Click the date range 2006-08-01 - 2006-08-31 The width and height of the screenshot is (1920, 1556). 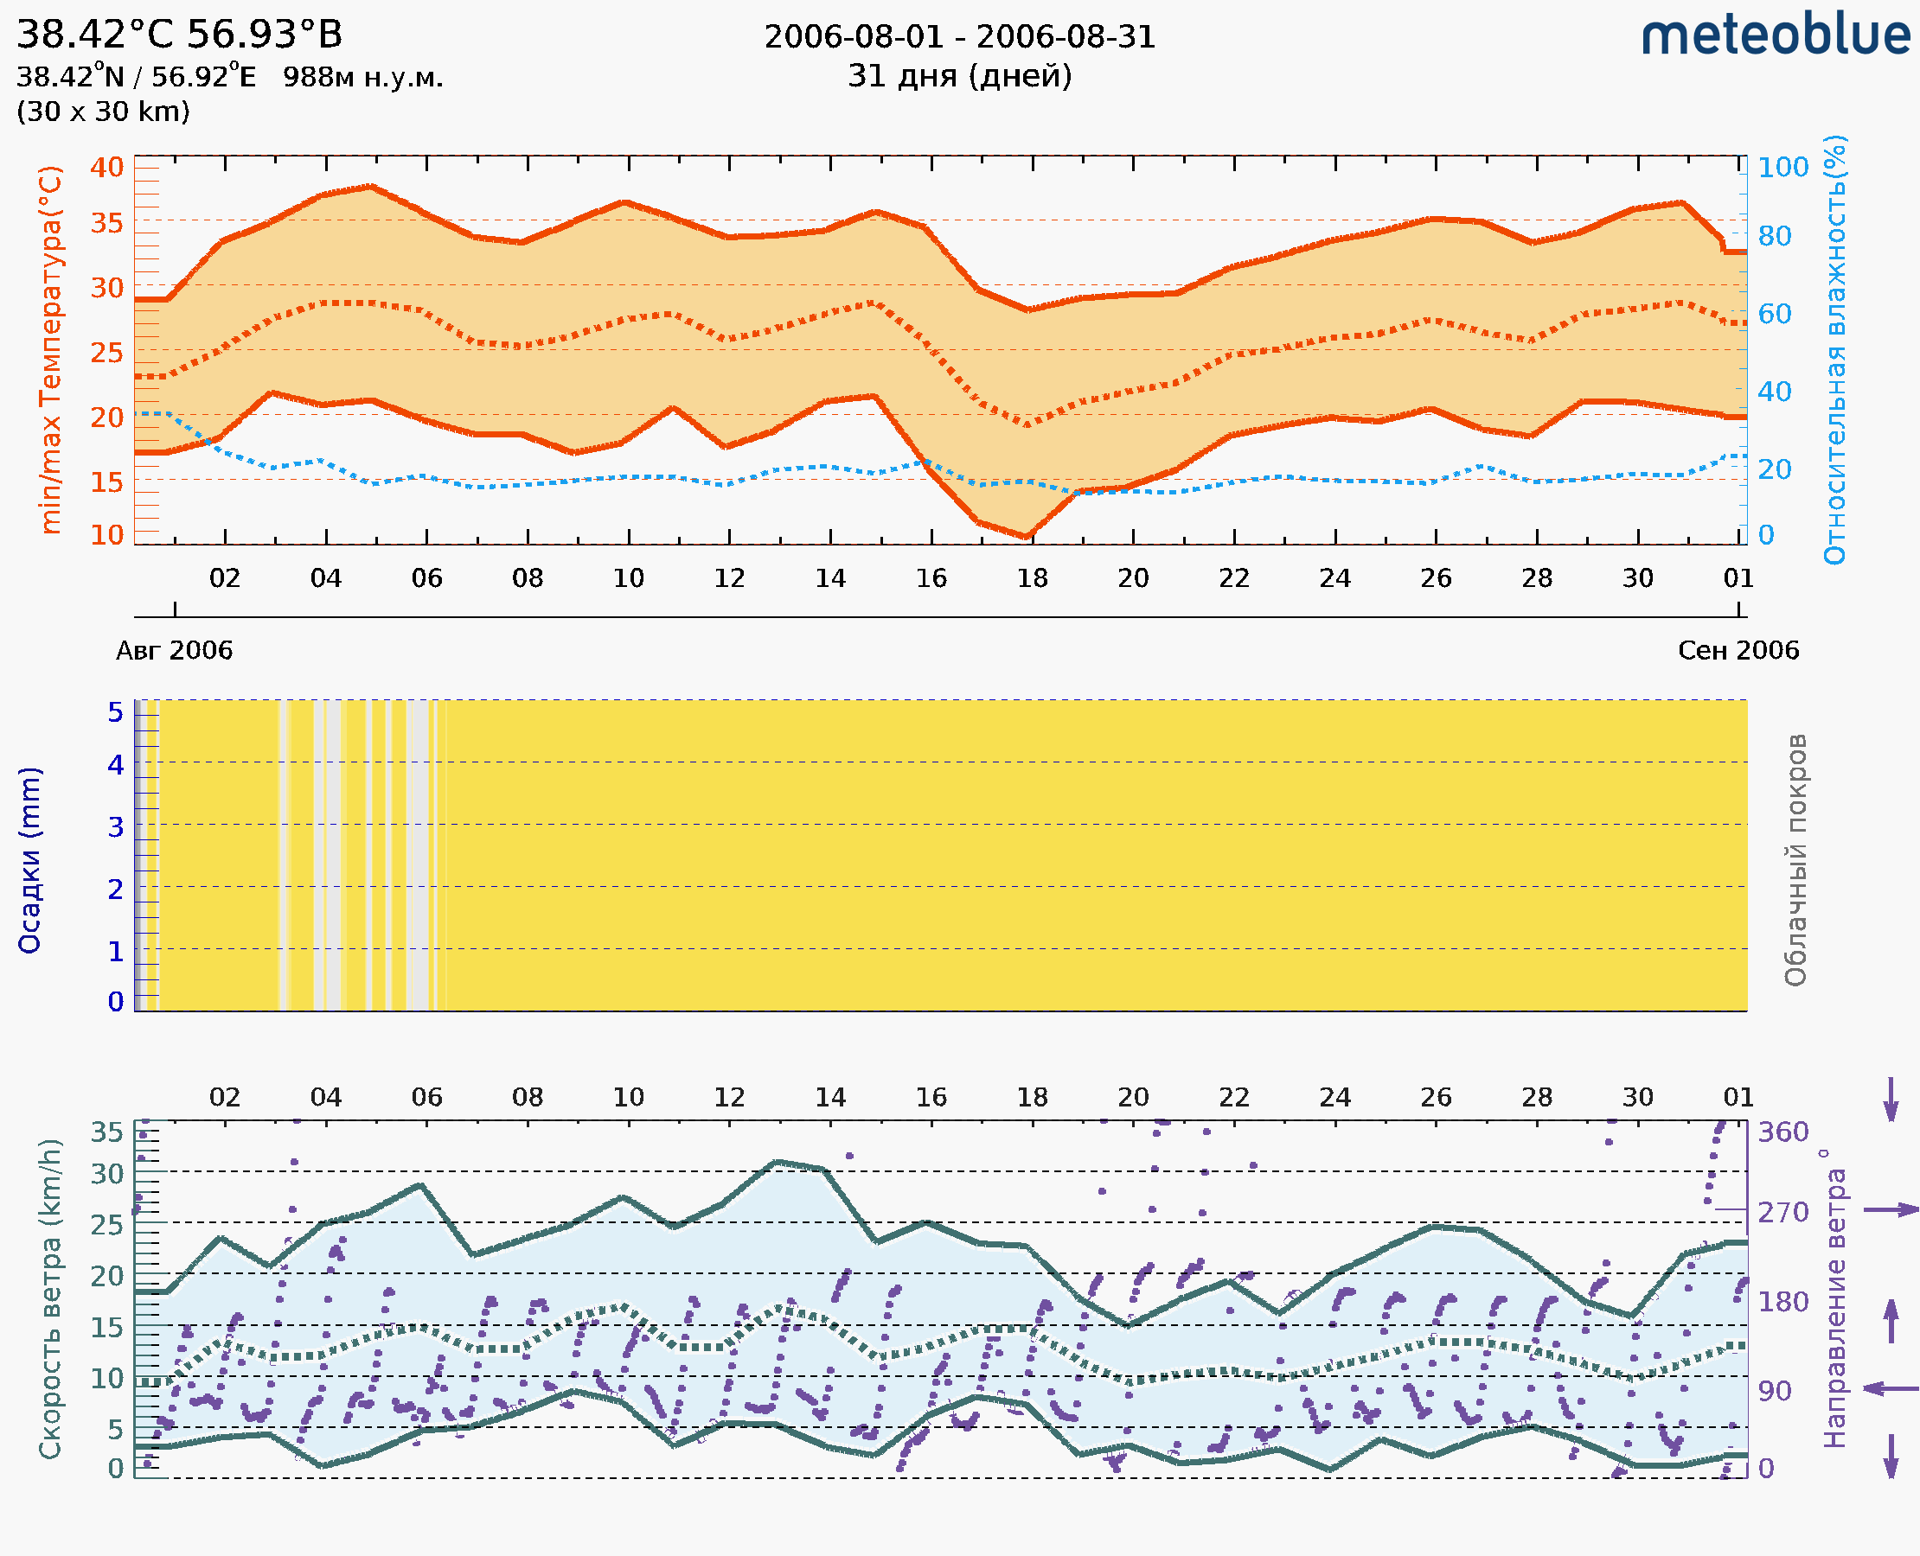pos(959,38)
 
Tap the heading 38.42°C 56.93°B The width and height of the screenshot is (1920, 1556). pos(179,35)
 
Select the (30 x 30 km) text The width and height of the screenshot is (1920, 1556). pos(103,112)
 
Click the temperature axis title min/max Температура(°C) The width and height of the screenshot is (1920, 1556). pos(52,349)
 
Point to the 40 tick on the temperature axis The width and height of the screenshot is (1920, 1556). pos(106,168)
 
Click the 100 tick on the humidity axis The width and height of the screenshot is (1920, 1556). pos(1782,168)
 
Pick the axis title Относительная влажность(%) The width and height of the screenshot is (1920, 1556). pos(1834,349)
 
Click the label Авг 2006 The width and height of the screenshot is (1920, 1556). pos(174,650)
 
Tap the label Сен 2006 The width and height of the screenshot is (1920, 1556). pos(1738,650)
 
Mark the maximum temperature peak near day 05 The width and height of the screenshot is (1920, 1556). pos(371,187)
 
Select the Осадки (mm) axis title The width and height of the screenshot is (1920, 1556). pos(29,860)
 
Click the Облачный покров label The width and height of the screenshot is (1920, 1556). pos(1795,860)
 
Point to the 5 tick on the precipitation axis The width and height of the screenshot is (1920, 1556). pos(116,712)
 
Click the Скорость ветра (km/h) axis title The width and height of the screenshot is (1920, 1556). pos(50,1298)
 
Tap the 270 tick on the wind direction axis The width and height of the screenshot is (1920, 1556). pos(1782,1213)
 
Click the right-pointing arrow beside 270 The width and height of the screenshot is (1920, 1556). pos(1891,1210)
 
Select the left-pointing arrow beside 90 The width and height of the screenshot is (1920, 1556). pos(1891,1388)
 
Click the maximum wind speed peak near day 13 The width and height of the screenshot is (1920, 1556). pos(778,1163)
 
